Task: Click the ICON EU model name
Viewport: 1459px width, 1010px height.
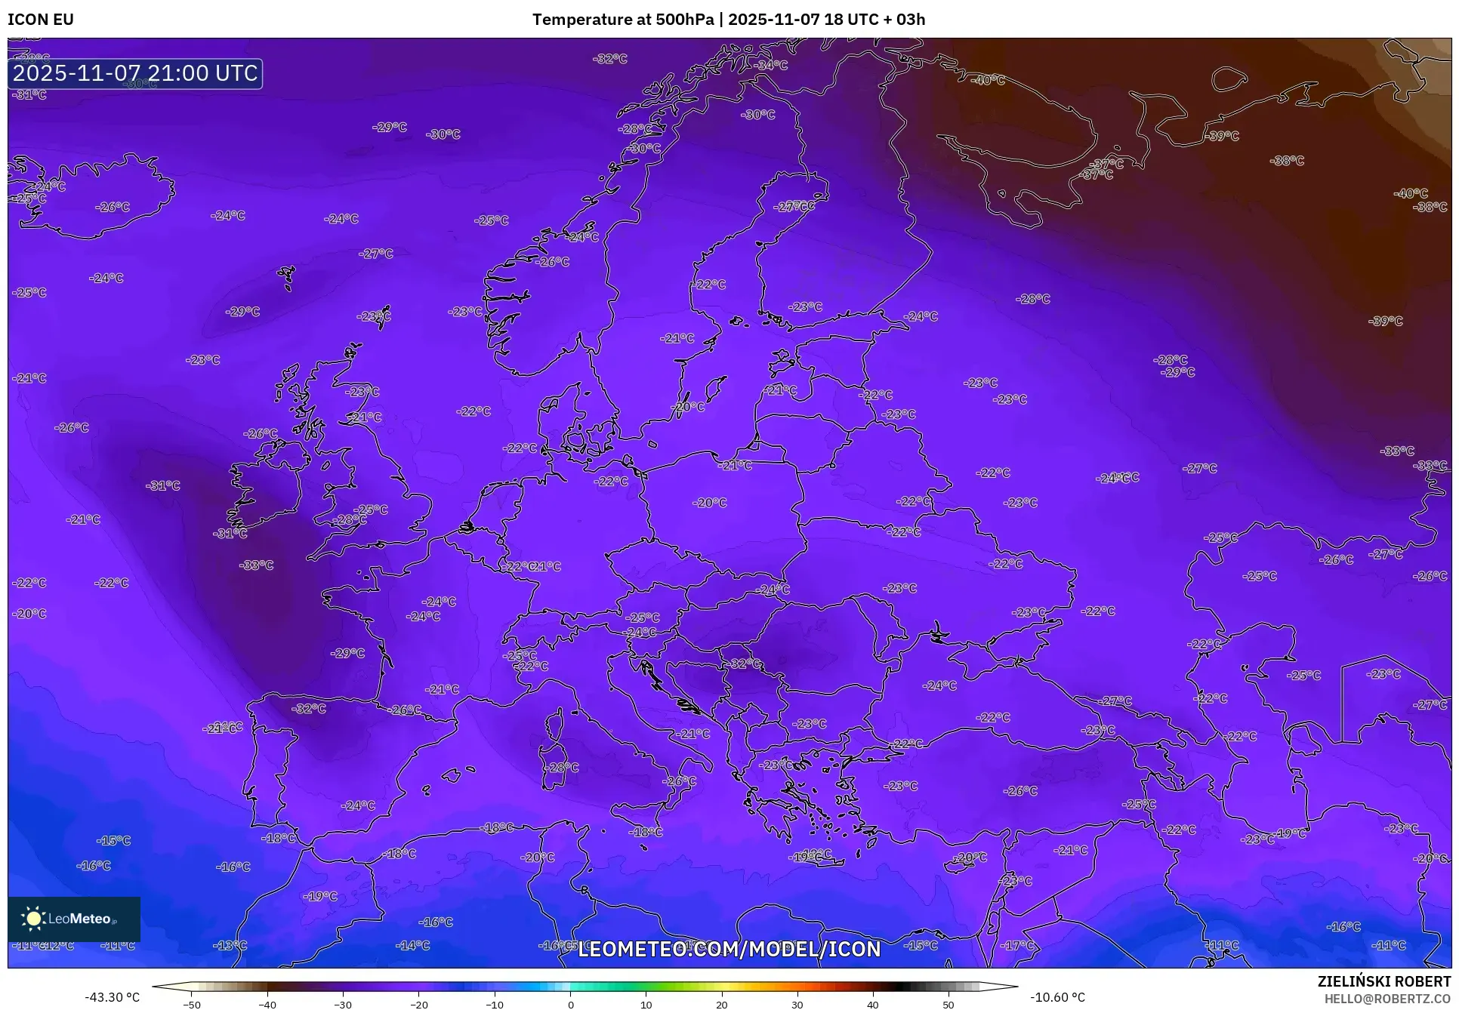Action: tap(41, 20)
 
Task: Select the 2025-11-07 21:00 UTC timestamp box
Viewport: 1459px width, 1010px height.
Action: tap(135, 73)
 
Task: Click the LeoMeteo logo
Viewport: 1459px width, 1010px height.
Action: tap(74, 919)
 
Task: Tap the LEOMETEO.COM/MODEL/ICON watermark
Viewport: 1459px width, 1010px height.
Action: tap(729, 949)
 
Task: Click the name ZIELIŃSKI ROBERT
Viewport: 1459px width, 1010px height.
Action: tap(1383, 982)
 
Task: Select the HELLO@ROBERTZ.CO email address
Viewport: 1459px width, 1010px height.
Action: tap(1387, 999)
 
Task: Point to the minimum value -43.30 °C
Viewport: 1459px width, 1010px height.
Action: tap(112, 997)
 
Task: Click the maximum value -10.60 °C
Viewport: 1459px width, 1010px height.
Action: tap(1057, 997)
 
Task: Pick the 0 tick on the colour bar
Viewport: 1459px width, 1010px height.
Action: tap(570, 1005)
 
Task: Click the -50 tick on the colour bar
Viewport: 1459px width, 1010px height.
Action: tap(192, 1005)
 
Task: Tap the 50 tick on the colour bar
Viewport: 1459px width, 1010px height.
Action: tap(949, 1005)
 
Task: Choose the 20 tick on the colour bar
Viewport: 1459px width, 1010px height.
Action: tap(721, 1005)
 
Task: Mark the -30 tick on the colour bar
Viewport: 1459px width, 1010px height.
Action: tap(343, 1005)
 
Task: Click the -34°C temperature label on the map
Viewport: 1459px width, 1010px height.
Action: tap(771, 66)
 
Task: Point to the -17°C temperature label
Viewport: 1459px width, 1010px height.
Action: tap(1017, 945)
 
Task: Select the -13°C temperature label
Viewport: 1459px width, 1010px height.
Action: tap(230, 945)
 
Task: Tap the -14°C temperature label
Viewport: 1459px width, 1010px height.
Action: tap(413, 945)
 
